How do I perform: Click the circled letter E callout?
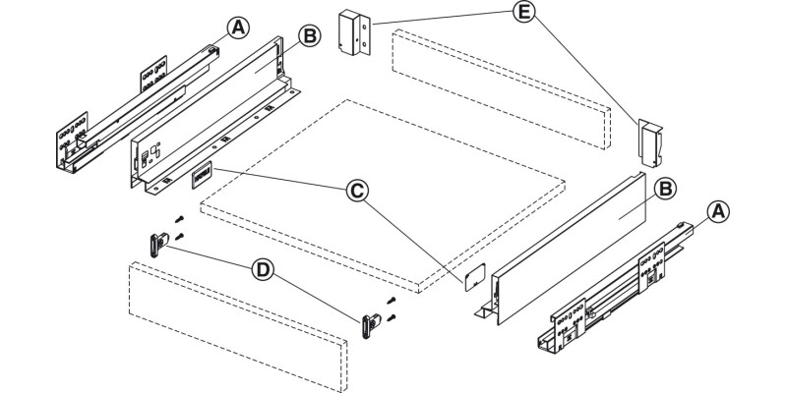tap(524, 12)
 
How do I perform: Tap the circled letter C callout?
tap(357, 191)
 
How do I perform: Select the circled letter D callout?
tap(263, 271)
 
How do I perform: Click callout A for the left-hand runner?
tap(238, 28)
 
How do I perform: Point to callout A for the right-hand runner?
tap(718, 211)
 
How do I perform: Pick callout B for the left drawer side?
tap(310, 36)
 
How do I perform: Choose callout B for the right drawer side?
tap(665, 189)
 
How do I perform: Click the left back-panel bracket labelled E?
tap(354, 32)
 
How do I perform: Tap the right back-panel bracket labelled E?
tap(650, 142)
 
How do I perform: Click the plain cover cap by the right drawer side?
tap(474, 277)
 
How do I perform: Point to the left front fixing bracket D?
tap(158, 245)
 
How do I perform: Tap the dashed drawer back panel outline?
tap(502, 88)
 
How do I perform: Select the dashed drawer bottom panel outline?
tap(383, 196)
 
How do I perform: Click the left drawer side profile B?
tap(215, 115)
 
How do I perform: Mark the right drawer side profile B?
tap(560, 249)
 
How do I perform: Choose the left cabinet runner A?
tap(138, 109)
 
